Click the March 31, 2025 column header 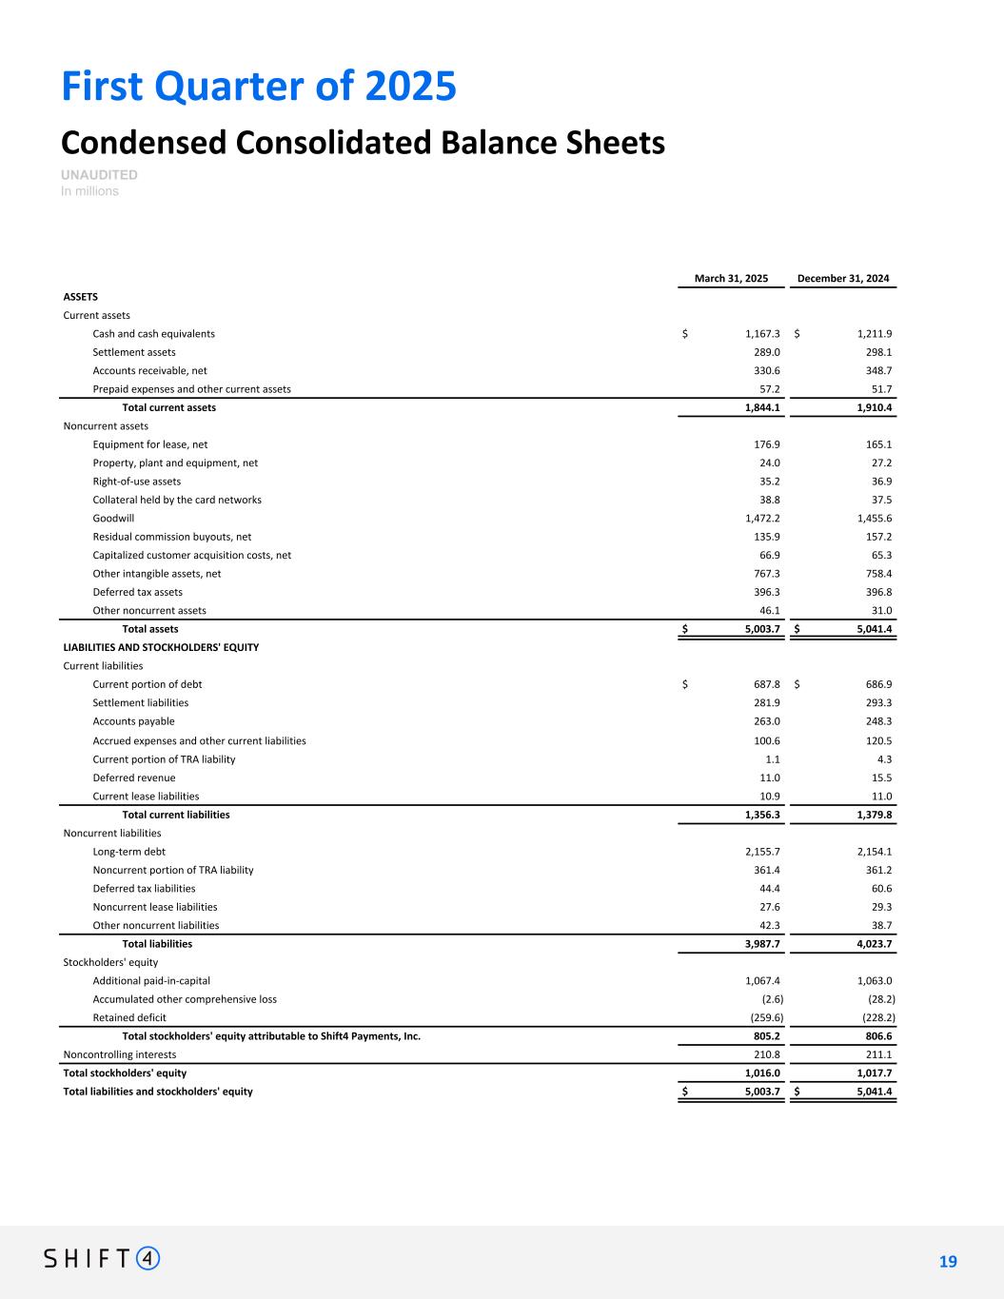[x=731, y=279]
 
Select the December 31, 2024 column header [x=843, y=279]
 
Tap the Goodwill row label [x=113, y=519]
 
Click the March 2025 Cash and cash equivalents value [x=762, y=334]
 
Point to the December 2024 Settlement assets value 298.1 [x=875, y=352]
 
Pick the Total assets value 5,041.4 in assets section [x=869, y=629]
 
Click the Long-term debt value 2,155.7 [x=759, y=852]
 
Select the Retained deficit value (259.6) [x=762, y=1017]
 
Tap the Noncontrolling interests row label [x=119, y=1054]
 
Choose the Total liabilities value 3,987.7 [x=759, y=944]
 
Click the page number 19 [x=948, y=1262]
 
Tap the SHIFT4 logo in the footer [x=102, y=1259]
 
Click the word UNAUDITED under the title [x=99, y=175]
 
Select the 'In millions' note [x=89, y=191]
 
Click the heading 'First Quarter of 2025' [x=259, y=87]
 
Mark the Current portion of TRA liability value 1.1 [x=773, y=759]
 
